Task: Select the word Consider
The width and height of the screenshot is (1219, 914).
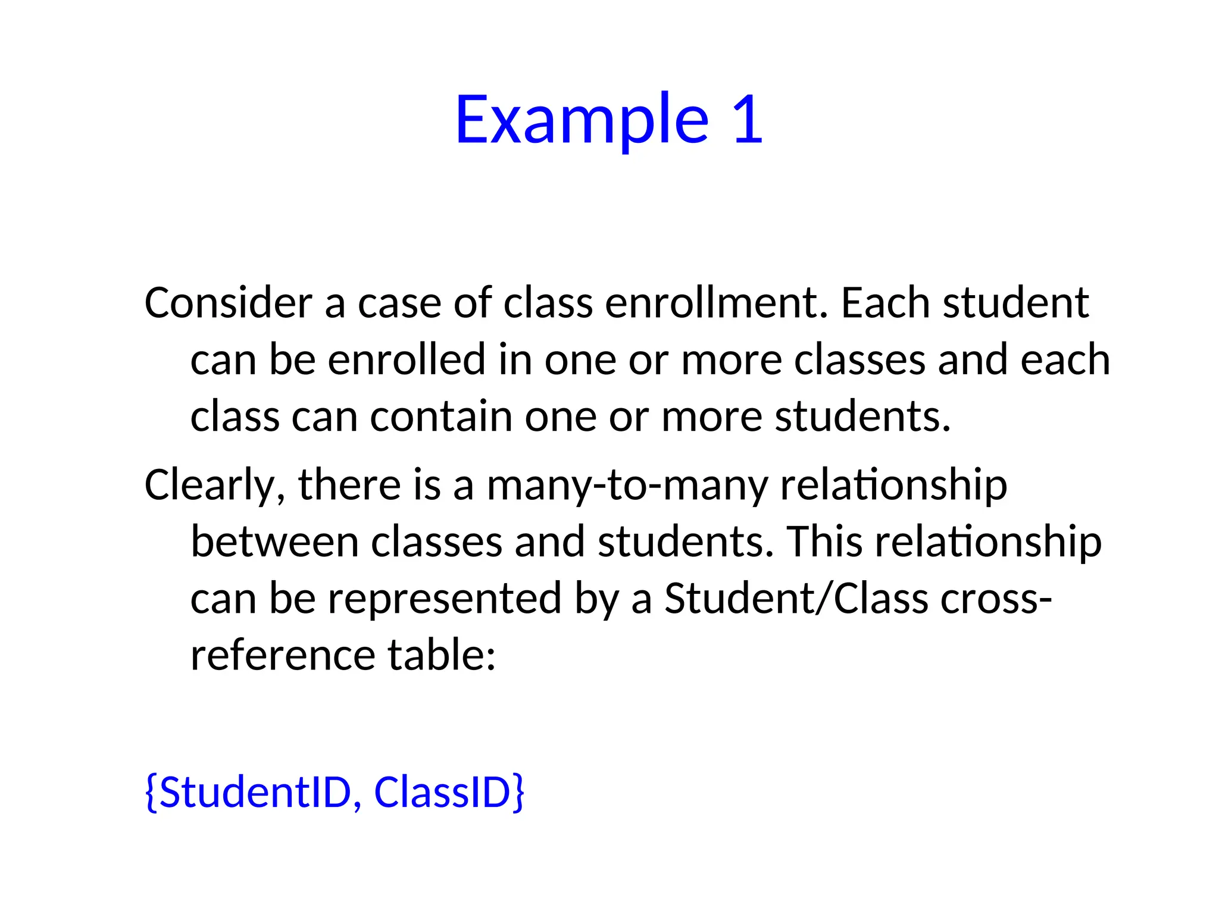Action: coord(228,303)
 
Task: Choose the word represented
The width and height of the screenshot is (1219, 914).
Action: coord(445,598)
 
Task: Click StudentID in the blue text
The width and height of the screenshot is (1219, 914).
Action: coord(254,793)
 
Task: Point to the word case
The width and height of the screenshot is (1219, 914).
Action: coord(399,303)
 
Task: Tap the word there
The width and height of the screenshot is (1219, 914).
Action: coord(349,485)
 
